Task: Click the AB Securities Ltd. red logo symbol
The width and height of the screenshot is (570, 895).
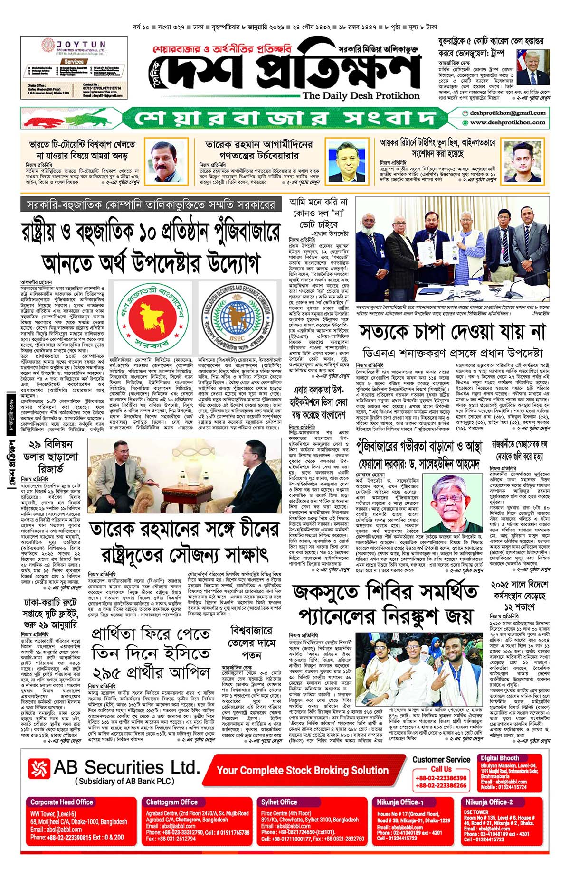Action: [x=39, y=770]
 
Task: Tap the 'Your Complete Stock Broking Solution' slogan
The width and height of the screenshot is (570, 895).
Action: [x=303, y=770]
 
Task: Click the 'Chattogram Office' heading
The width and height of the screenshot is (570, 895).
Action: [x=171, y=802]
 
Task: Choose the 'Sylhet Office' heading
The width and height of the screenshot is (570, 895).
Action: [x=279, y=802]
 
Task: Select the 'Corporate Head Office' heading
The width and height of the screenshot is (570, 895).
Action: [x=62, y=802]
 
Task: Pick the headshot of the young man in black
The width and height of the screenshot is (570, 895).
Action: [x=522, y=161]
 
